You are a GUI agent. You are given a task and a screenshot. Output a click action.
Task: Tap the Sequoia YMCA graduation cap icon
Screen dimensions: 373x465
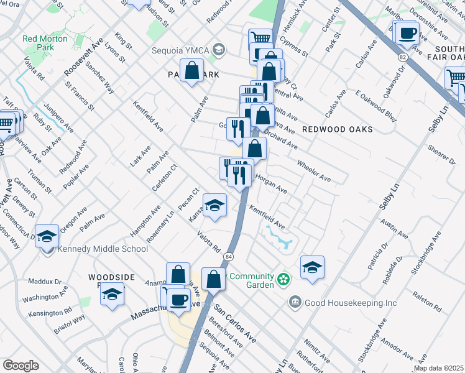(218, 49)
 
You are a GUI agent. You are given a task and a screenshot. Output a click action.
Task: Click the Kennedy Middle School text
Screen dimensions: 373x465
(103, 249)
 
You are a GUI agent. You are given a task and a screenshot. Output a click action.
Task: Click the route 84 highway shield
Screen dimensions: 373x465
(229, 256)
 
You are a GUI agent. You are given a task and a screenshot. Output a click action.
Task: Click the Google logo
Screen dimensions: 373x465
(21, 365)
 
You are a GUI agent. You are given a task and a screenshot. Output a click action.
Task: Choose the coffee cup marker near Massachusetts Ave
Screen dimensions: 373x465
(180, 300)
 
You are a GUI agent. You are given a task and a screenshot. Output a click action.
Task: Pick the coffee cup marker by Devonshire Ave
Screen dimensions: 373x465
(408, 33)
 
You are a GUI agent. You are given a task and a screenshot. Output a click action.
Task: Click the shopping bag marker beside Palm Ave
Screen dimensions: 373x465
(193, 70)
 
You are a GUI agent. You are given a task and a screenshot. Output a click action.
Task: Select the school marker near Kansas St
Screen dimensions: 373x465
(214, 206)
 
